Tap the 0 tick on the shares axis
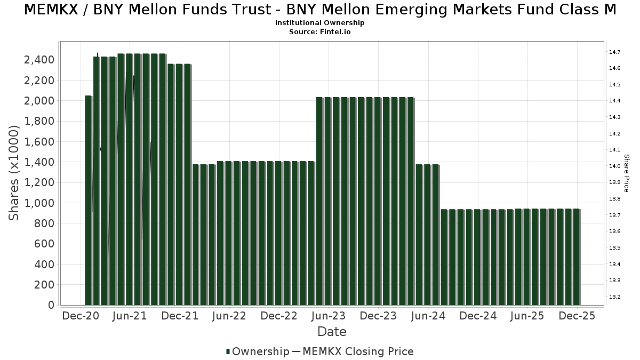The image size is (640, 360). tap(51, 306)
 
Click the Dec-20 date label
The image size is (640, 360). tap(81, 316)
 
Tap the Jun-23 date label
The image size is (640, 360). tap(329, 316)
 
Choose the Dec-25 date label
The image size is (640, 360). tap(577, 316)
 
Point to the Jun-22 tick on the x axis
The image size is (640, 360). tap(229, 316)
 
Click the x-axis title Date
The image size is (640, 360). tap(332, 332)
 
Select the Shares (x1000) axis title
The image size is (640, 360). tap(14, 172)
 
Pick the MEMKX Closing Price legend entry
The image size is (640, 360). tap(358, 351)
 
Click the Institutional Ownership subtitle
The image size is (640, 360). tap(320, 23)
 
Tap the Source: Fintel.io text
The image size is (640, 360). tap(320, 32)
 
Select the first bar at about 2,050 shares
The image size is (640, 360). tap(89, 201)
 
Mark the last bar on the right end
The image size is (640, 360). tap(577, 257)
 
